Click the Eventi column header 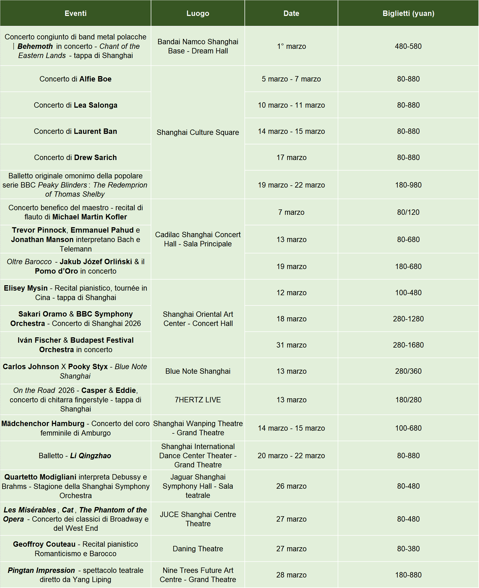[75, 13]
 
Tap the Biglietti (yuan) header [408, 13]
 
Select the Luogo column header [197, 13]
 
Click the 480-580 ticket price [408, 46]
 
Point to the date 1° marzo [292, 46]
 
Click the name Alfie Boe [95, 79]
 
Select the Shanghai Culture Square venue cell [197, 132]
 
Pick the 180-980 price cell [408, 185]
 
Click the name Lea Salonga [95, 105]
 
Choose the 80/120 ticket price [408, 212]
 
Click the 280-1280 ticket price [408, 319]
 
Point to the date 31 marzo [292, 345]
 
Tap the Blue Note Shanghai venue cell [197, 371]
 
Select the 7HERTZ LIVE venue [197, 400]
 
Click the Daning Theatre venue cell [197, 549]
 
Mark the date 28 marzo [292, 575]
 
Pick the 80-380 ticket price [408, 549]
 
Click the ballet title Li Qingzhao [91, 456]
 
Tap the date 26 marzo [292, 486]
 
